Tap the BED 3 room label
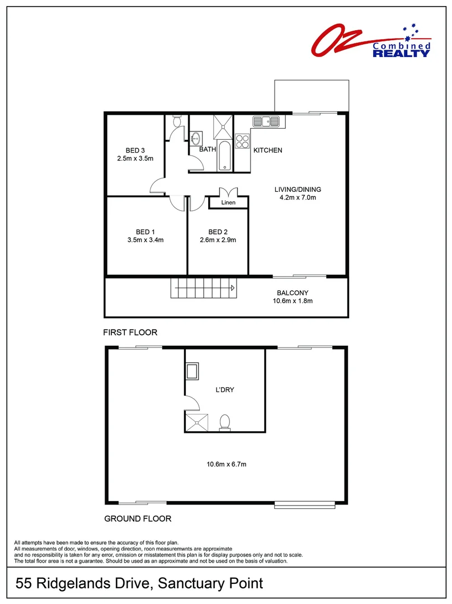pyautogui.click(x=135, y=150)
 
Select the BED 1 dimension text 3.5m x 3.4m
pyautogui.click(x=145, y=240)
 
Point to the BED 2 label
pyautogui.click(x=218, y=232)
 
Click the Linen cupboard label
pyautogui.click(x=228, y=203)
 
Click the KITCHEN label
pyautogui.click(x=268, y=150)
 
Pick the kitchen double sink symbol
pyautogui.click(x=266, y=121)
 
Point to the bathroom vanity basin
pyautogui.click(x=196, y=138)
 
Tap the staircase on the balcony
pyautogui.click(x=204, y=289)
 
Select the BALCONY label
pyautogui.click(x=293, y=293)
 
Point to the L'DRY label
pyautogui.click(x=224, y=390)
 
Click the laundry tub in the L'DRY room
pyautogui.click(x=192, y=371)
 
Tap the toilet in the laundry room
pyautogui.click(x=224, y=422)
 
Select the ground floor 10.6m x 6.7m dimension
pyautogui.click(x=227, y=464)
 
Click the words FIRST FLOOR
pyautogui.click(x=130, y=332)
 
